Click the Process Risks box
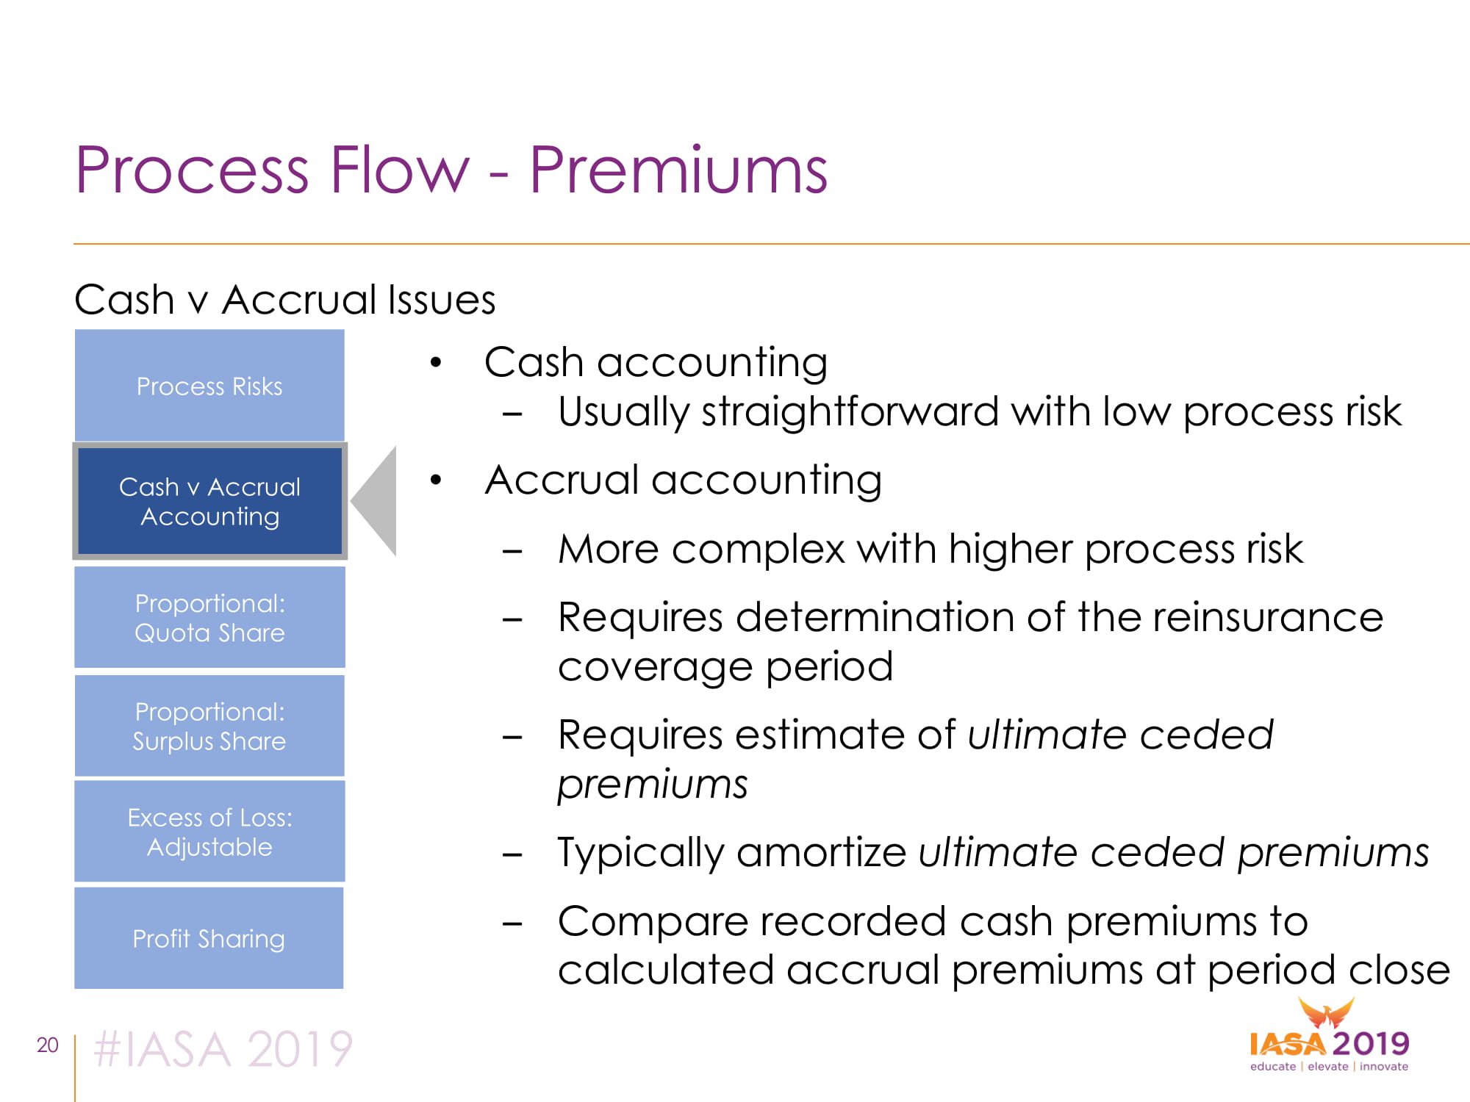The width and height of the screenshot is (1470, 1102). coord(209,385)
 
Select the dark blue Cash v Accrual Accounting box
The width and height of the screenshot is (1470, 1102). coord(209,501)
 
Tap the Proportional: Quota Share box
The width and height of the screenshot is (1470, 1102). coord(209,617)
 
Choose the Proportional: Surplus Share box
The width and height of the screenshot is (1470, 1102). coord(209,726)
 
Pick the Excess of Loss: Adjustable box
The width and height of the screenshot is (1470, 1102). coord(209,831)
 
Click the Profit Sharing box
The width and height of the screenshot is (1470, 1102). coord(209,938)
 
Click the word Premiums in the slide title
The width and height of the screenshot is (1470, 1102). coord(678,170)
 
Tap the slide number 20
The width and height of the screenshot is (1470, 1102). coord(48,1045)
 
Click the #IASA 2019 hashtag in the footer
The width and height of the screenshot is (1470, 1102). coord(223,1048)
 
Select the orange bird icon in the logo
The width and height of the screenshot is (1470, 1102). coord(1326,1013)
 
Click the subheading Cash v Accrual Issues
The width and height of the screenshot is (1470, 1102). coord(285,300)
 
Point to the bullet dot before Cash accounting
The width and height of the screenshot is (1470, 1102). coord(437,362)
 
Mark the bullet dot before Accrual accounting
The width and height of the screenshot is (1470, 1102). coord(437,480)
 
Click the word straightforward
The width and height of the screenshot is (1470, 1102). coord(850,411)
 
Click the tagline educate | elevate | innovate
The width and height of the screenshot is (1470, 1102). coord(1329,1066)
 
